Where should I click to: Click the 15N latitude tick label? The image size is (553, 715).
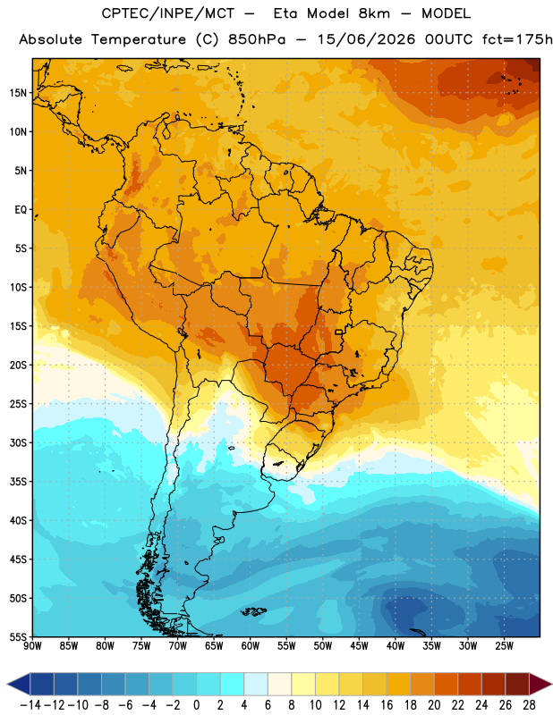click(x=18, y=93)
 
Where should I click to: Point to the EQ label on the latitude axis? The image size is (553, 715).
click(x=21, y=210)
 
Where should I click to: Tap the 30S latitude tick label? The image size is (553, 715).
click(x=18, y=442)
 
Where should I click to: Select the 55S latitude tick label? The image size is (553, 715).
click(x=18, y=637)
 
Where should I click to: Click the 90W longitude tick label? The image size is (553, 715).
click(x=32, y=646)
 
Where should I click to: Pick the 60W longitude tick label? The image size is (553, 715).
click(x=251, y=646)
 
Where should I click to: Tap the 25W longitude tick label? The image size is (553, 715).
click(x=505, y=646)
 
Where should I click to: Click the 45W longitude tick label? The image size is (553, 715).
click(x=360, y=646)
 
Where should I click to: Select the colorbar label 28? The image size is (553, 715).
click(x=529, y=705)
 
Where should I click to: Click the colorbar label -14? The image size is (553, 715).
click(x=30, y=705)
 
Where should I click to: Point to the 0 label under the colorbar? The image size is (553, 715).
click(x=197, y=705)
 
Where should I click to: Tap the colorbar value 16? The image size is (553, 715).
click(x=387, y=705)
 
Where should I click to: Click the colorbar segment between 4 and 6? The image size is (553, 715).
click(x=256, y=685)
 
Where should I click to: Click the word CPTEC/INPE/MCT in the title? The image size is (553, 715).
click(x=168, y=13)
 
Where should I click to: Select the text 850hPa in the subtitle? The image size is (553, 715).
click(x=257, y=39)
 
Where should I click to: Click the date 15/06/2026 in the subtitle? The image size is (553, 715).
click(x=366, y=39)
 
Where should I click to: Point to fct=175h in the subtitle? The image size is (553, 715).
click(x=517, y=39)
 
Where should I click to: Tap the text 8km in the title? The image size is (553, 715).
click(x=374, y=13)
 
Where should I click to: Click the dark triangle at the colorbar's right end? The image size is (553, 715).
click(x=540, y=685)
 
